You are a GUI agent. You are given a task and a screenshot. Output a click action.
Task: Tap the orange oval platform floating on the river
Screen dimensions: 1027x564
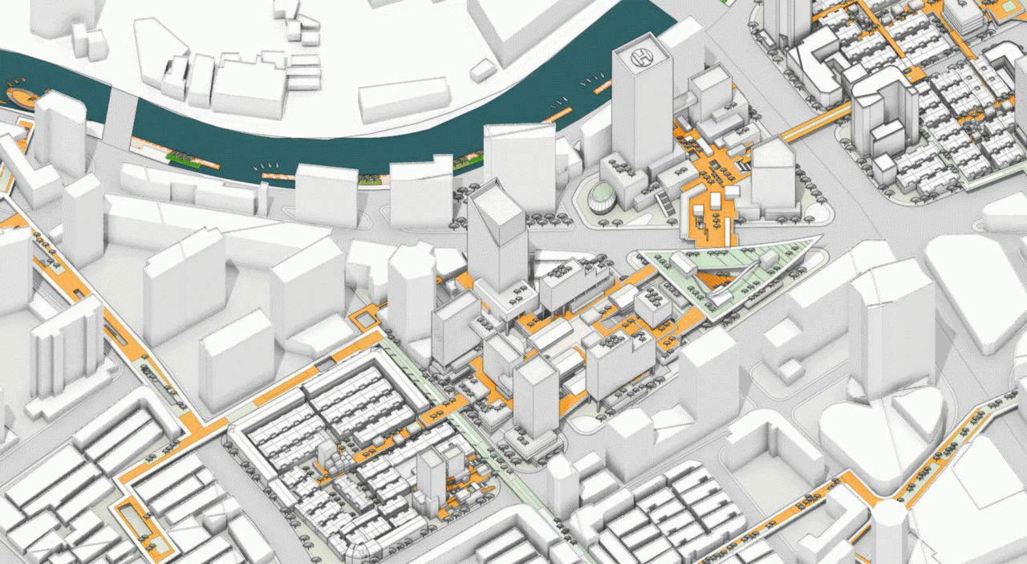22,99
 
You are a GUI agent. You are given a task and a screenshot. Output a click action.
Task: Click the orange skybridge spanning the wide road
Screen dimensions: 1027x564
815,124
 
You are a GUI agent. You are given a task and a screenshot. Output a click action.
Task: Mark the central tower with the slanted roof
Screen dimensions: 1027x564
497,233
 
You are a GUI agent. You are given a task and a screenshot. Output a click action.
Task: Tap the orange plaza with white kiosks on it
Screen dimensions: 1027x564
709,221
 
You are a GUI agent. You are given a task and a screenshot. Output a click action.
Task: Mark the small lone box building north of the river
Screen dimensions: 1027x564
482,71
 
